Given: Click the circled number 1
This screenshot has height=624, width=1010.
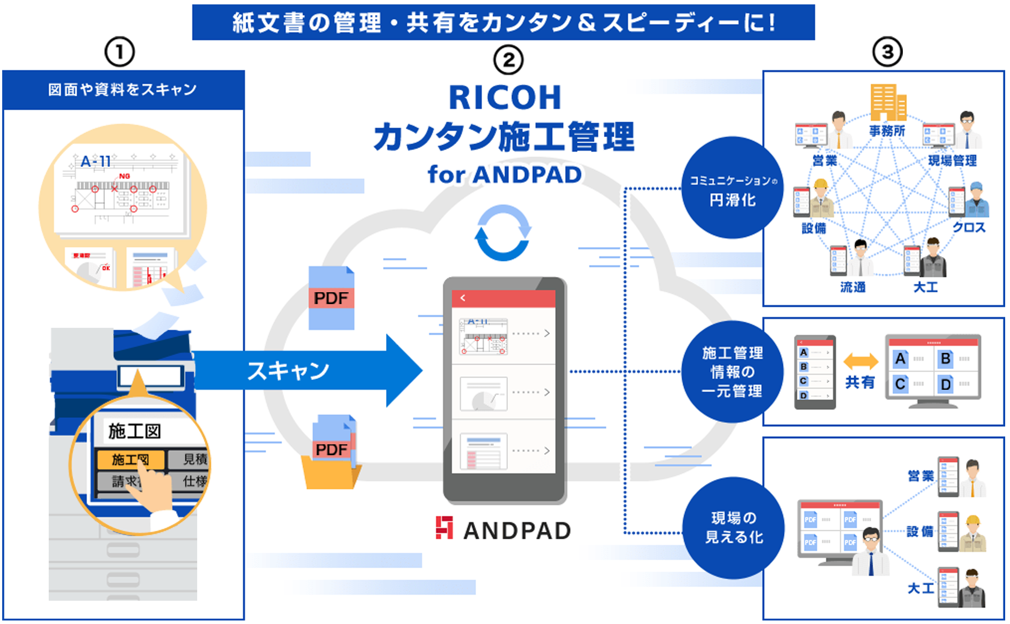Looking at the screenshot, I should (119, 52).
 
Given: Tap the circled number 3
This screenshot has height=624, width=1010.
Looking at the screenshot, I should (887, 52).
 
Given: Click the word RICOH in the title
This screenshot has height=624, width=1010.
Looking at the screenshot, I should (505, 98).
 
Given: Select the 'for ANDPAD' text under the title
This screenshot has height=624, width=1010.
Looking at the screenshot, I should (505, 175).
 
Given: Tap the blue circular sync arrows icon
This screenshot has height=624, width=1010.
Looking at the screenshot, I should (503, 233).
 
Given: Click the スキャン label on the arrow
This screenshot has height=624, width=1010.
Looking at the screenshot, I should (288, 370).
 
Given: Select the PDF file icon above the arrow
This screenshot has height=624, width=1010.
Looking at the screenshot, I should (331, 298).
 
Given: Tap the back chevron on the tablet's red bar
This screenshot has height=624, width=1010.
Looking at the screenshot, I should (463, 298).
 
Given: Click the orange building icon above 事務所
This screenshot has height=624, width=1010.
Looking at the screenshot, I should (887, 102).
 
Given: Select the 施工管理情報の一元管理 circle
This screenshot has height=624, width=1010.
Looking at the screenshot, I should (732, 372).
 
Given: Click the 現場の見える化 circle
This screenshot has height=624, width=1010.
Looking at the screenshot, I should (733, 527).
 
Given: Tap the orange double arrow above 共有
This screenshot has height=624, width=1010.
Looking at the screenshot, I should (861, 361).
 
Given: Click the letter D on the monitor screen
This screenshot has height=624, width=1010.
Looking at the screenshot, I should (945, 385).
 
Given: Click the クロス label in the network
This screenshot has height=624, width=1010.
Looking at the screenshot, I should (969, 228).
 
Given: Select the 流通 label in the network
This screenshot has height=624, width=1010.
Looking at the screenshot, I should (852, 287).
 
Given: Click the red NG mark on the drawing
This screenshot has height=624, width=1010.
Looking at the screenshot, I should (124, 176).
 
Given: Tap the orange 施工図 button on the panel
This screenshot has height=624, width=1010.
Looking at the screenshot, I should (130, 460).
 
